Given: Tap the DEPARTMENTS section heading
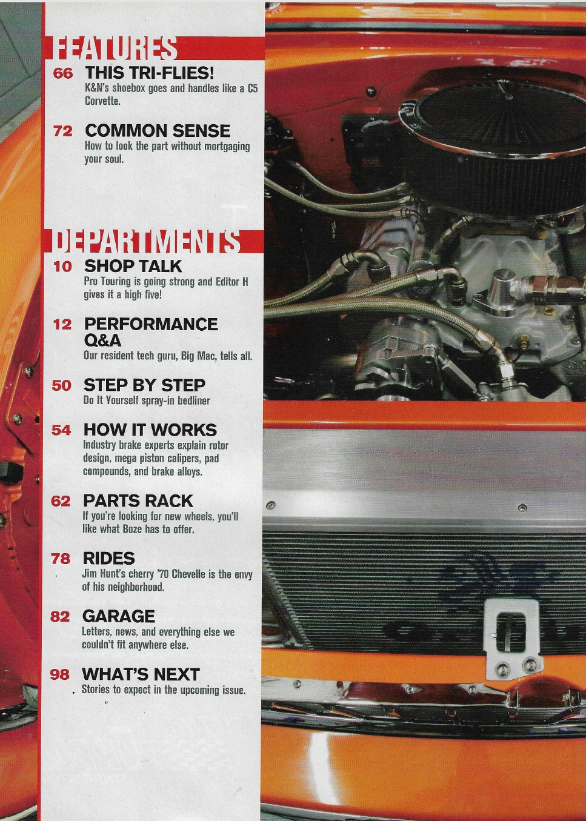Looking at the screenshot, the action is coord(146,242).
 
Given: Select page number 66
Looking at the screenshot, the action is coord(63,73).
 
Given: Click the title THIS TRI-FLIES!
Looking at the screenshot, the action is coord(149,73).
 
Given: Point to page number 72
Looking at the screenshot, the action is coord(63,131).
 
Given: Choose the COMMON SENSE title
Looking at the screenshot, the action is coord(158,130).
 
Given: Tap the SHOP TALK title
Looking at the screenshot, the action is coord(133,266).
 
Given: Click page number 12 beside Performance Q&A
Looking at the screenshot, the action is coord(62,324).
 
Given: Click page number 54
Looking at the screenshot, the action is coord(61,430).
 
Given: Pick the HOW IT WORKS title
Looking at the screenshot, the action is coord(150,430).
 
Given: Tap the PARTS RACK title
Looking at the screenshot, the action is coord(138,500).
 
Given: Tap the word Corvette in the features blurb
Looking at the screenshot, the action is coord(102,101).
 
